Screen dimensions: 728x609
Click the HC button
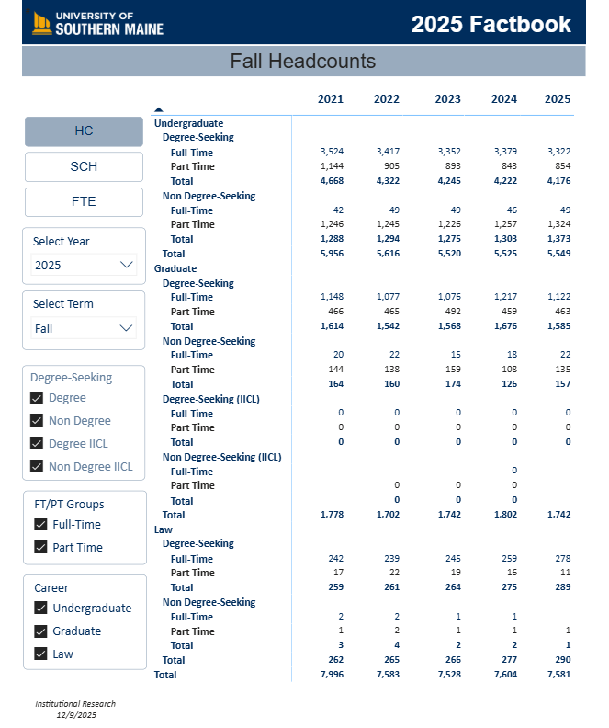pos(84,131)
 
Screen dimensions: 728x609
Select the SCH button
pos(84,166)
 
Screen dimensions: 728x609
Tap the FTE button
pos(84,201)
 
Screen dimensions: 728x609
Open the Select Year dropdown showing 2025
pos(84,266)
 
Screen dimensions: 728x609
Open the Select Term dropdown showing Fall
pos(84,328)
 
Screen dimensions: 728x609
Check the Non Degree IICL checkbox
pos(38,466)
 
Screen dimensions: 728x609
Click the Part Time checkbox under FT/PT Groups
pos(40,548)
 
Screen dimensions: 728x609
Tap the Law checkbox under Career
pos(40,654)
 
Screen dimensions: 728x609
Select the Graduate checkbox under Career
pos(40,631)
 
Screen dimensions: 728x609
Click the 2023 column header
pos(447,99)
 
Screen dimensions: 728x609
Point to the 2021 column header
pos(331,99)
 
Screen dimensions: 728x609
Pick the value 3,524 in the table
pos(331,152)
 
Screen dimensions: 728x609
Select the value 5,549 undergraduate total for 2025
pos(558,254)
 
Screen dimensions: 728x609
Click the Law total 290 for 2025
pos(558,660)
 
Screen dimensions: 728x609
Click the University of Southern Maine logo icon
pos(41,23)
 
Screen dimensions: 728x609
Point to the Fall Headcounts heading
pos(303,62)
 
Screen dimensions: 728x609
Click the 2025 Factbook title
pos(491,24)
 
